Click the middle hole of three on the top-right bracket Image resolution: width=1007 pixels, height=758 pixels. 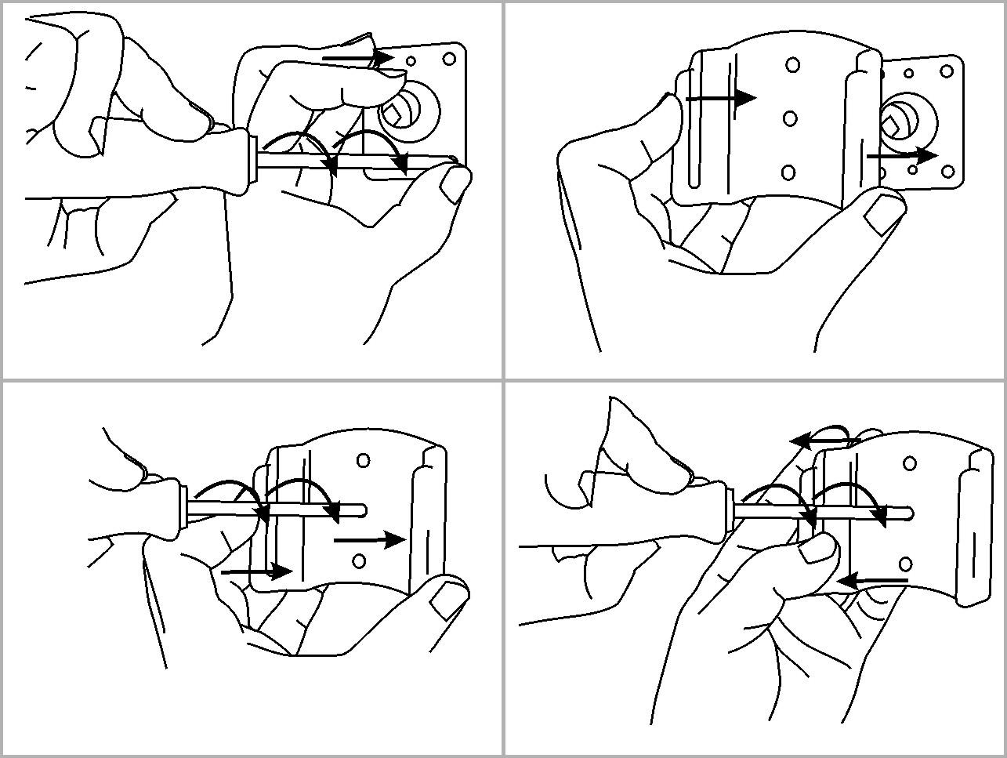point(790,118)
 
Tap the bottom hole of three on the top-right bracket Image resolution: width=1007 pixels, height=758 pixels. point(788,172)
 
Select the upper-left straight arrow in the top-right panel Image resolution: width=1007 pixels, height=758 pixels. point(721,98)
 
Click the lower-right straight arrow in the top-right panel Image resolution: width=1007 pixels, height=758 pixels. point(901,156)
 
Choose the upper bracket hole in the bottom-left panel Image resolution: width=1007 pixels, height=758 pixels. point(364,460)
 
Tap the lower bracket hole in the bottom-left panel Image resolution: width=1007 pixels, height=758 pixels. point(359,560)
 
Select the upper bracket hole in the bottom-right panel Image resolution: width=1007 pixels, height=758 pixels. point(910,464)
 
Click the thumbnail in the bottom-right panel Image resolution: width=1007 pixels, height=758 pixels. point(817,548)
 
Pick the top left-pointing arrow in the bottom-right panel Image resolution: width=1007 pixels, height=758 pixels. point(819,441)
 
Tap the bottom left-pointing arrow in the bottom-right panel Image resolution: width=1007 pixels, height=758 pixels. point(871,581)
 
